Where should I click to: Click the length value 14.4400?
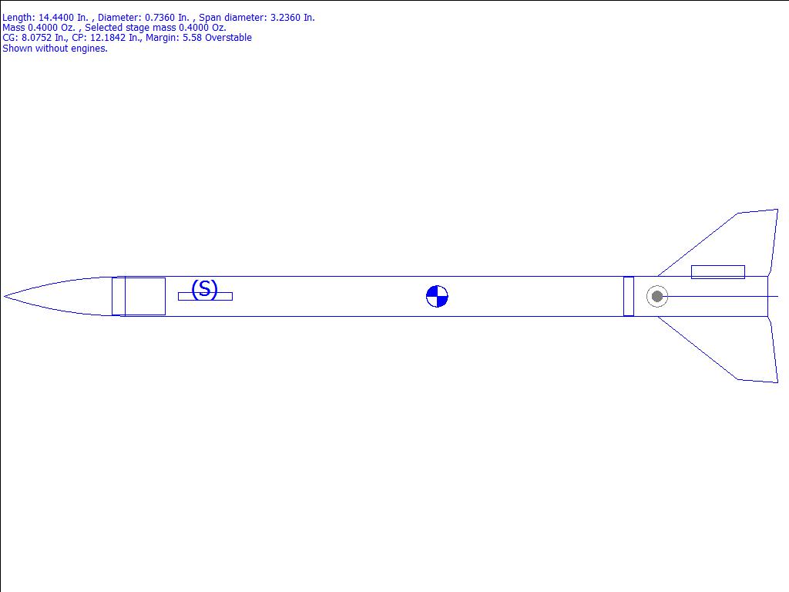point(55,18)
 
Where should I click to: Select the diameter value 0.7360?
point(160,18)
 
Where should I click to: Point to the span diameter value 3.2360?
point(285,18)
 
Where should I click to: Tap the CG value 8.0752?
point(36,38)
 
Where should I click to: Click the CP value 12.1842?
point(108,38)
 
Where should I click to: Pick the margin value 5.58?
point(192,38)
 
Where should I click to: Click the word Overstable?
point(228,38)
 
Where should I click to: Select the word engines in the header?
point(91,49)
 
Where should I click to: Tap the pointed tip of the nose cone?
point(5,297)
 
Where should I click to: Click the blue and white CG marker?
point(437,297)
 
